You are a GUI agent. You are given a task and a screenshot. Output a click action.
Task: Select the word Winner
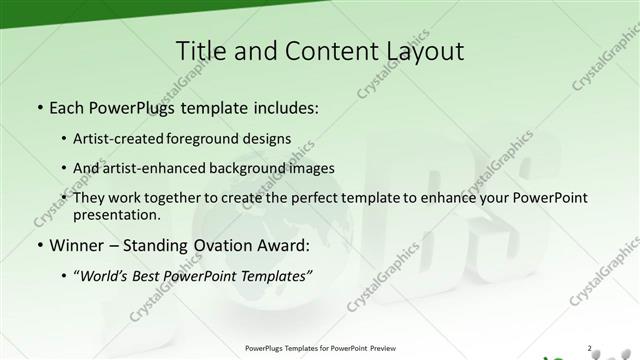(x=77, y=245)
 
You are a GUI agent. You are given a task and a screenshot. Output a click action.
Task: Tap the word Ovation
(x=236, y=245)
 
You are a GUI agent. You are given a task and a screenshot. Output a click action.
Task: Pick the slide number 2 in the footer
(x=590, y=348)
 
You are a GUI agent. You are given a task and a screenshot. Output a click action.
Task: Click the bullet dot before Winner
(x=39, y=246)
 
